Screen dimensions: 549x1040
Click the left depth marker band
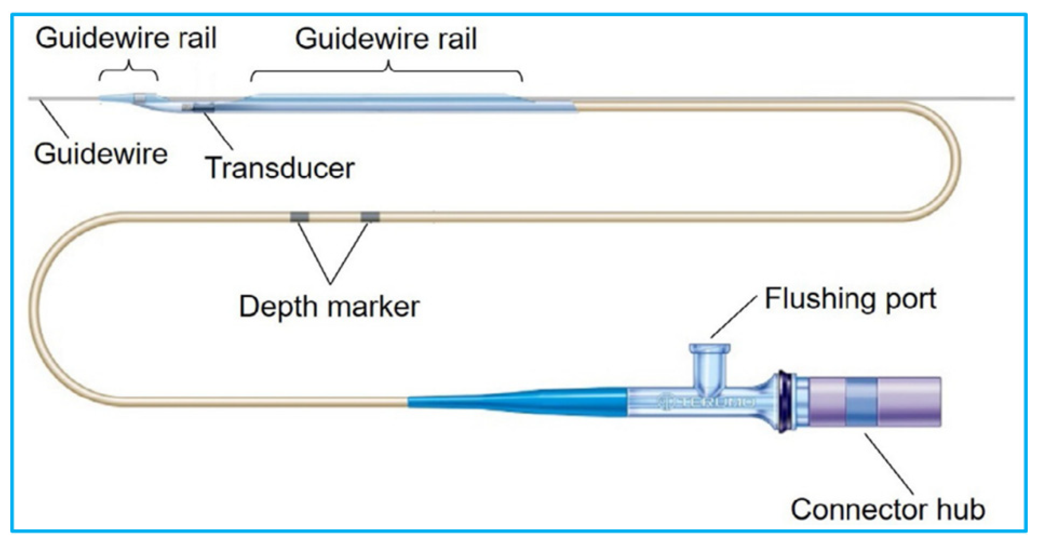(x=300, y=217)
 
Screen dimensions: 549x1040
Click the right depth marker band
(x=370, y=217)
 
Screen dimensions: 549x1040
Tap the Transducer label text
(x=280, y=168)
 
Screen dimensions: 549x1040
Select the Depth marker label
(x=329, y=307)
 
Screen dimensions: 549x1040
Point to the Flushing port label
(x=850, y=299)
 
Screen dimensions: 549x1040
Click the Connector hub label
(x=887, y=509)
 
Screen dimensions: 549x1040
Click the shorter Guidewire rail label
(x=126, y=38)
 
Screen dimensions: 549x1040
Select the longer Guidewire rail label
(x=386, y=39)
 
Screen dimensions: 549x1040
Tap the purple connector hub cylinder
(x=908, y=401)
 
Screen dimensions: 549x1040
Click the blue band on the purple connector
(x=861, y=401)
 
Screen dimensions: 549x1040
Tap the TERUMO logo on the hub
(x=707, y=402)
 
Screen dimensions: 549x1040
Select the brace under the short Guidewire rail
(x=128, y=72)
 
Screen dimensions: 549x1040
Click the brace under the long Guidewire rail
(x=387, y=72)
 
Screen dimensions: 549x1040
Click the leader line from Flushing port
(x=733, y=317)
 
